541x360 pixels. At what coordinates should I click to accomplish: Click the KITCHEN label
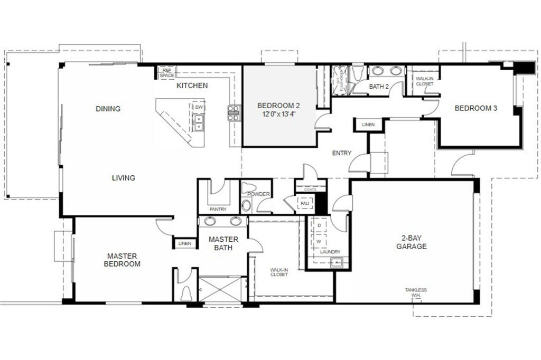(192, 86)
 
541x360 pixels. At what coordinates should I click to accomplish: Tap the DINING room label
(108, 109)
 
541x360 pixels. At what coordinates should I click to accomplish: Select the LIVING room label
(123, 178)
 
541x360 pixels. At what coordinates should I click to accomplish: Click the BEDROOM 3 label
(476, 108)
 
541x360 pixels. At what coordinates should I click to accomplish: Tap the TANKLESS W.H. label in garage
(416, 292)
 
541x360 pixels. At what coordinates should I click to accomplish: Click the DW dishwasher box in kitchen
(199, 107)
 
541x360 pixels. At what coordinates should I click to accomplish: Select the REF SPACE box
(167, 73)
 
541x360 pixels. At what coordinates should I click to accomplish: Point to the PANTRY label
(218, 209)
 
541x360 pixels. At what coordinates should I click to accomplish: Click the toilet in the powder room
(248, 188)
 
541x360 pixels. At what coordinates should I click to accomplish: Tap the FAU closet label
(305, 203)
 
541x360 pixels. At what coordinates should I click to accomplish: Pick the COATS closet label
(310, 189)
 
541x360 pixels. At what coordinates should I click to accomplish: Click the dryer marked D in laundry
(319, 225)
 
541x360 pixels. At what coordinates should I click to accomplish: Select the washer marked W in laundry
(319, 241)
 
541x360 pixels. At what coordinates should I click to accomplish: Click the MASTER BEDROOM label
(122, 260)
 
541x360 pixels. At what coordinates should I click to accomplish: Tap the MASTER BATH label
(223, 243)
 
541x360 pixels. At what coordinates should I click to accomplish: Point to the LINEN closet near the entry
(368, 125)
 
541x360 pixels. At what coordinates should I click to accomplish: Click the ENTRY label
(341, 153)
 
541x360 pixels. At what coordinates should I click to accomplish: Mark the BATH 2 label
(379, 86)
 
